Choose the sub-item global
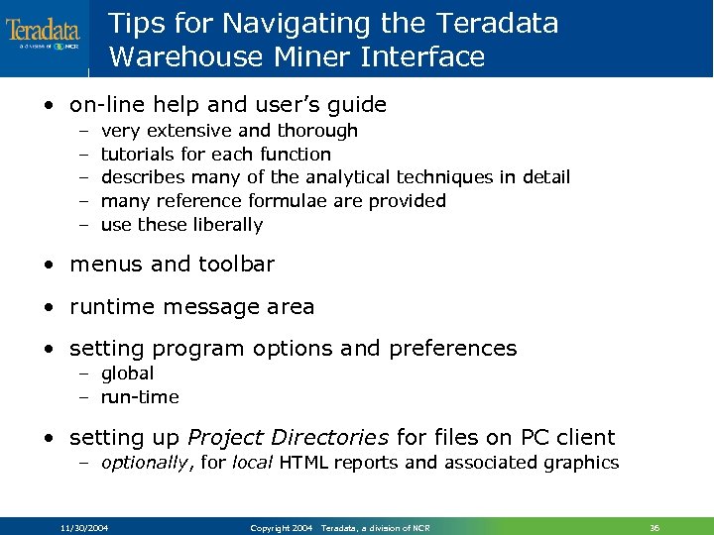[x=128, y=374]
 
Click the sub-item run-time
[x=140, y=397]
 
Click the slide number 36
[x=654, y=528]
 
